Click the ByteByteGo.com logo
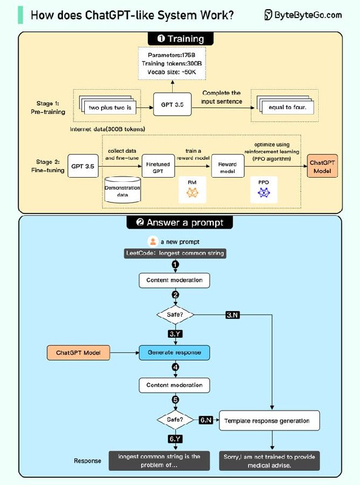pos(303,15)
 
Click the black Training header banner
pos(180,39)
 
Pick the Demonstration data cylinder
pos(123,189)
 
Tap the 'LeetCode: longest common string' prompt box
pos(175,253)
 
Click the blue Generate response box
pos(175,352)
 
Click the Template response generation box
pos(267,421)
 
